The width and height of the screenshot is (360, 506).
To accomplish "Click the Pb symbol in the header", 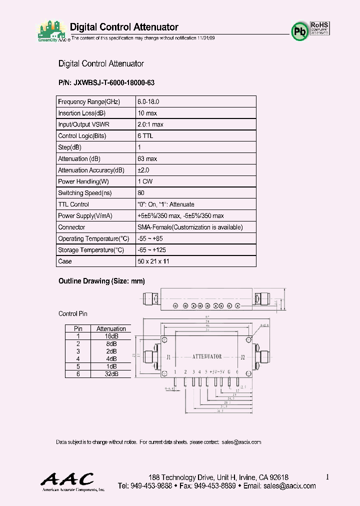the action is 298,31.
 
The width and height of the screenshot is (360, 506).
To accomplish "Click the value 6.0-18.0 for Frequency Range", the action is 148,101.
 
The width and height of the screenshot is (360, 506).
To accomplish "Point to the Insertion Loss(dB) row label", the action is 81,113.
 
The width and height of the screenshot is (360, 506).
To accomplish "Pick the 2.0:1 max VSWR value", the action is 150,124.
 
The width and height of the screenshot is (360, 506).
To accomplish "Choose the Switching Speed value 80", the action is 141,193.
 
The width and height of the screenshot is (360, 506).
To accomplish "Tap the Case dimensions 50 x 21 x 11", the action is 154,261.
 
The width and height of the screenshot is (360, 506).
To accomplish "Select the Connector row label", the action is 71,227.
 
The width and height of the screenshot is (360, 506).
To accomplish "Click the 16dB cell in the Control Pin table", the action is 111,336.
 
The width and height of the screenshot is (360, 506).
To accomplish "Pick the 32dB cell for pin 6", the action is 111,374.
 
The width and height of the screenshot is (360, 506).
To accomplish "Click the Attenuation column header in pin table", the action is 111,328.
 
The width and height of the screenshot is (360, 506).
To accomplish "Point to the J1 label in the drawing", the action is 168,357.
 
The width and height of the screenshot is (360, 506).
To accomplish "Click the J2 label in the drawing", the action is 243,357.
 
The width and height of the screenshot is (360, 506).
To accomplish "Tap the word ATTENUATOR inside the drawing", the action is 207,357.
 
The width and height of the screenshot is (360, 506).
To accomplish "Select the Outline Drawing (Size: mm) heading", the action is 102,281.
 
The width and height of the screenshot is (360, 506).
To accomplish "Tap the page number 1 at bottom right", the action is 327,477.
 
